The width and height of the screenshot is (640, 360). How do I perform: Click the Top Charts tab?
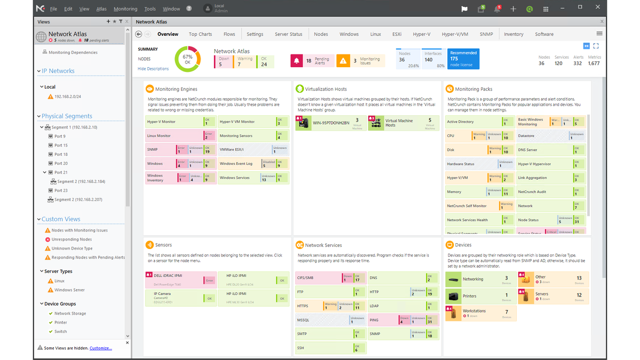tap(200, 34)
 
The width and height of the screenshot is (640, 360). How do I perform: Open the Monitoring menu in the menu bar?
tap(125, 9)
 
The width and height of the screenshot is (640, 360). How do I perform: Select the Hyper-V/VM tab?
tap(454, 34)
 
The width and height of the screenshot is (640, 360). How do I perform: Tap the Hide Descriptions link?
tap(153, 69)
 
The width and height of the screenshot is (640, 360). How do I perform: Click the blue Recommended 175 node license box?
tap(463, 59)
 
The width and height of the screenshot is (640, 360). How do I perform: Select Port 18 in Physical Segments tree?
tap(61, 154)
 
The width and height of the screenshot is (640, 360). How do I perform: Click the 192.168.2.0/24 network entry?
tap(68, 97)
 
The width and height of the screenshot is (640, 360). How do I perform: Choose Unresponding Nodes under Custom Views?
tap(71, 239)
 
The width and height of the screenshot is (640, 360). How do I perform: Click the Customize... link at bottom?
tap(100, 348)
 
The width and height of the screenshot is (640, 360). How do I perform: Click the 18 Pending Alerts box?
tap(312, 61)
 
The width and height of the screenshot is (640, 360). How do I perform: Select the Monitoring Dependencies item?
tap(73, 52)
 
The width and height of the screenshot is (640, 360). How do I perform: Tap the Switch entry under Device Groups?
tap(61, 331)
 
